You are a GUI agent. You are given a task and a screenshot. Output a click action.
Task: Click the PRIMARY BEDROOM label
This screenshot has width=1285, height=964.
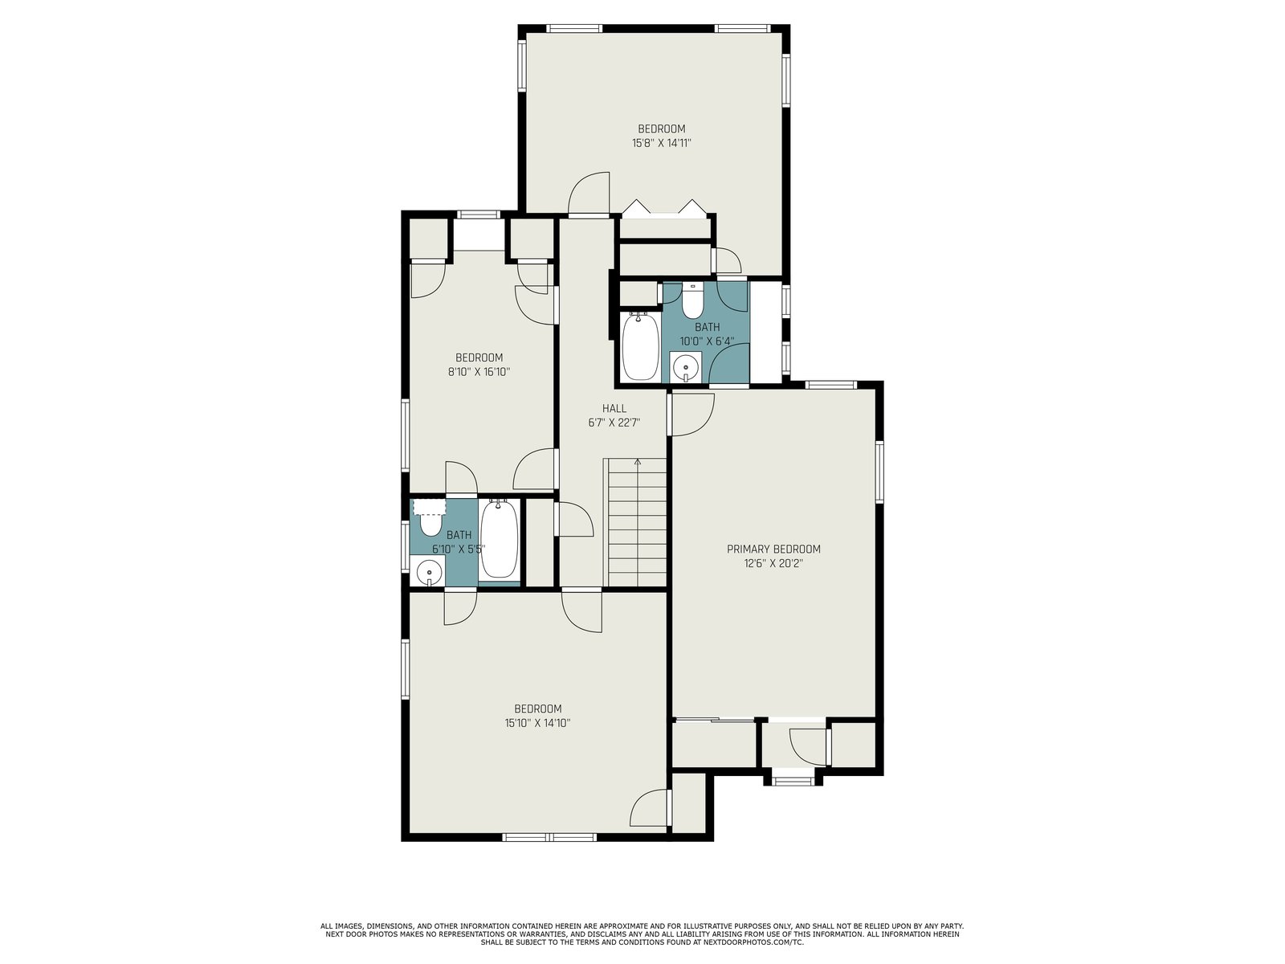tap(773, 549)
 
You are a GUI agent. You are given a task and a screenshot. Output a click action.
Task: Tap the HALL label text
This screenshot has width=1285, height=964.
tap(614, 409)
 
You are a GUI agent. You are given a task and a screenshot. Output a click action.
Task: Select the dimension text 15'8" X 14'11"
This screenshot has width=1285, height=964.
tap(662, 143)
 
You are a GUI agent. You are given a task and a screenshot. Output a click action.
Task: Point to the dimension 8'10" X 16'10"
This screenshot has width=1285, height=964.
tap(479, 372)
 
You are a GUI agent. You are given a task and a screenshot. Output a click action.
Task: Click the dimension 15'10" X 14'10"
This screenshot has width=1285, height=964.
tap(537, 723)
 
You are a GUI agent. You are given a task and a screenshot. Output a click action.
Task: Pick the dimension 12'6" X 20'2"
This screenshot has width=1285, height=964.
tap(773, 564)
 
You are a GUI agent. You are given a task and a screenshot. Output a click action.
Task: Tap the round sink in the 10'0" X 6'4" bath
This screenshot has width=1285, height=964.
tap(686, 368)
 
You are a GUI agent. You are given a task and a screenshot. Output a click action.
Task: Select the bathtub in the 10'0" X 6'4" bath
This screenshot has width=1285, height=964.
tap(639, 346)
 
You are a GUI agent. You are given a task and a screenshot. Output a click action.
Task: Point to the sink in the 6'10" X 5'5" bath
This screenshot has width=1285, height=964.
tap(429, 571)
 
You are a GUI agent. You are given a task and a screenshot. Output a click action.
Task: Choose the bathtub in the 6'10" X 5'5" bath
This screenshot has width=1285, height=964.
tap(499, 538)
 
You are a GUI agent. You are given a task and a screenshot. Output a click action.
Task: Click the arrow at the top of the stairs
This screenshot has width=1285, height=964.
tap(638, 463)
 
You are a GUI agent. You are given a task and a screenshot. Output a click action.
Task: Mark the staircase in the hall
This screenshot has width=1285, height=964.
tap(636, 522)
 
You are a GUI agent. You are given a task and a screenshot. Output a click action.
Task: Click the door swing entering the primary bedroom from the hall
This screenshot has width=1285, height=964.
tap(693, 415)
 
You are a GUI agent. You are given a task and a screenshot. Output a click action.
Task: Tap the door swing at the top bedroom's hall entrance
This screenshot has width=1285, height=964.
tap(589, 194)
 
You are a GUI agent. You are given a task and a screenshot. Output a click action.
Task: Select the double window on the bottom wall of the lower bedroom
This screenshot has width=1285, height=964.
tap(549, 837)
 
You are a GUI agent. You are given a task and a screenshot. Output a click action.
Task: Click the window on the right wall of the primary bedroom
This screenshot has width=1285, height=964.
tap(879, 472)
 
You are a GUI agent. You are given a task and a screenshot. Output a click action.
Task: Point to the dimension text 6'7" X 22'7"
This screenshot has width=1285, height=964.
tap(614, 423)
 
